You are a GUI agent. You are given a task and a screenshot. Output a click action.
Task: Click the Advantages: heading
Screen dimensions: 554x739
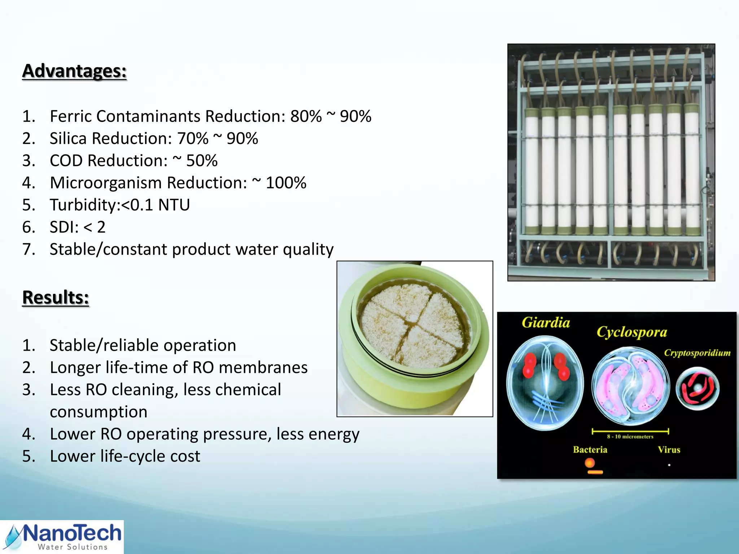74,71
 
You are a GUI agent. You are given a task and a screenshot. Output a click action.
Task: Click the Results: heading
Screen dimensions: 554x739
56,297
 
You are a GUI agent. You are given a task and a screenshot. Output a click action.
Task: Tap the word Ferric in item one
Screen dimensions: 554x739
71,116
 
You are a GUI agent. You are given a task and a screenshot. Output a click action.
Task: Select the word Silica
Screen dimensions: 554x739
68,138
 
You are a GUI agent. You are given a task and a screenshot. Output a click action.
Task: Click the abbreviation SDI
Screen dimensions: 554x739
63,227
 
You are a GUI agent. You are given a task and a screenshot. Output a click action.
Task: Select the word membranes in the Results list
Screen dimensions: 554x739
263,368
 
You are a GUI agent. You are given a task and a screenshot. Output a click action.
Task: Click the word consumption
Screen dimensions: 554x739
99,412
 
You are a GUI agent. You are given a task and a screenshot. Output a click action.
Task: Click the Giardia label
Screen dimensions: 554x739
546,322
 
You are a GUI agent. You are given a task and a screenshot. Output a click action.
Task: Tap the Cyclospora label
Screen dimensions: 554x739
631,332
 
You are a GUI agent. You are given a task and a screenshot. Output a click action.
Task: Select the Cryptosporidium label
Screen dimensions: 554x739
697,352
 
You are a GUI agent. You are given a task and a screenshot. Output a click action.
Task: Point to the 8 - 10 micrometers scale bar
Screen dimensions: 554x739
630,431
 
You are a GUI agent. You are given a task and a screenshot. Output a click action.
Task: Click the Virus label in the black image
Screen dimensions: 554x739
669,449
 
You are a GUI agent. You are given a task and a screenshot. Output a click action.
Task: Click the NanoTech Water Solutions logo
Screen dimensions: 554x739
62,537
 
